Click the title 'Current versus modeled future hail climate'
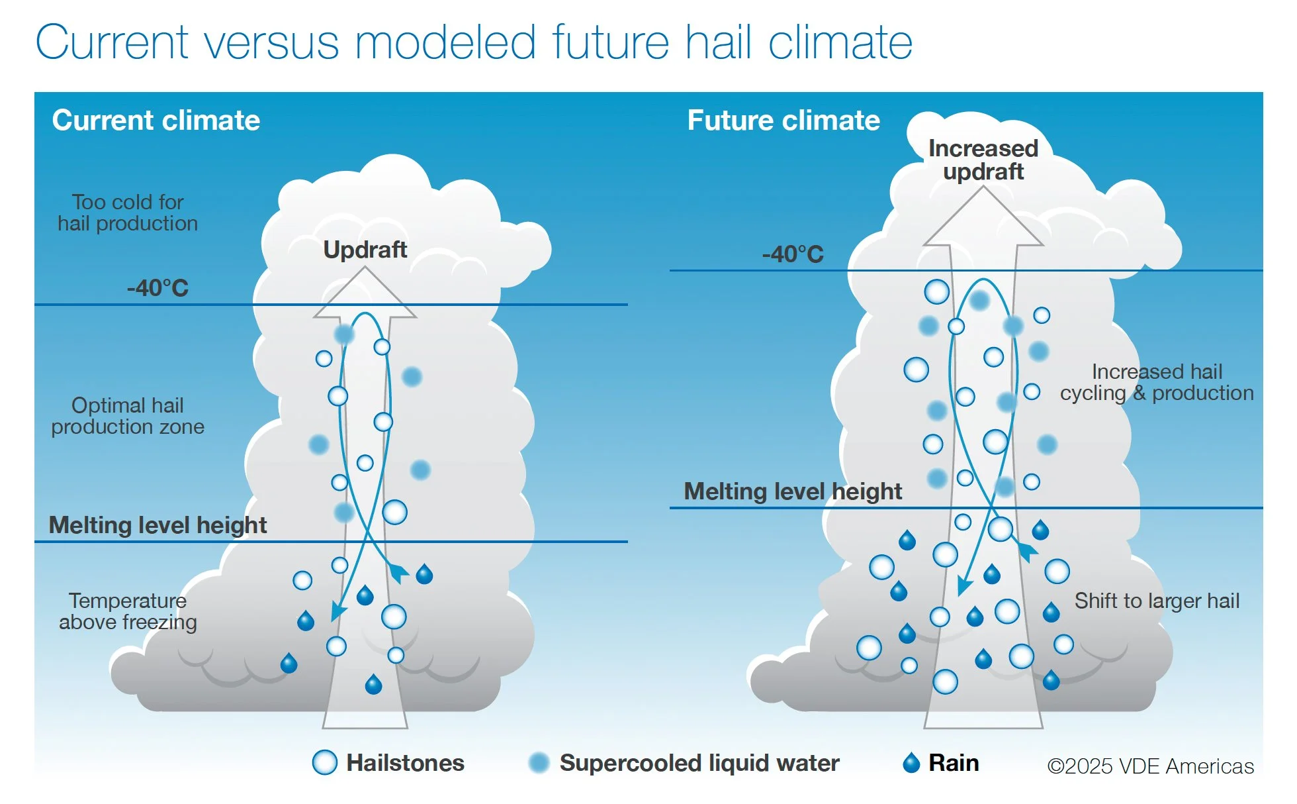[x=473, y=42]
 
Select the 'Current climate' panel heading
[x=156, y=121]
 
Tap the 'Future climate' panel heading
[x=783, y=121]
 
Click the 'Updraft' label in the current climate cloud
[x=365, y=250]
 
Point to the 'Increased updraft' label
[x=983, y=160]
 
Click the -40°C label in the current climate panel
[x=157, y=288]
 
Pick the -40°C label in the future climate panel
[x=792, y=254]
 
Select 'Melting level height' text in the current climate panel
[x=157, y=525]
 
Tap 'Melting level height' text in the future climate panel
[x=792, y=491]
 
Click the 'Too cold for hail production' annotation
[x=128, y=213]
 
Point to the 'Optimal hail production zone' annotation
[x=128, y=416]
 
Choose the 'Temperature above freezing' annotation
[x=128, y=611]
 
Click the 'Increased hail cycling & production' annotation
[x=1156, y=382]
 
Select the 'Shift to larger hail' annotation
[x=1156, y=601]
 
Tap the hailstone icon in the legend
[x=324, y=762]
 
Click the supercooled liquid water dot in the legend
[x=539, y=762]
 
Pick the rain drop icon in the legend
[x=911, y=763]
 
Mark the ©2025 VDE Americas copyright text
[x=1150, y=766]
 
